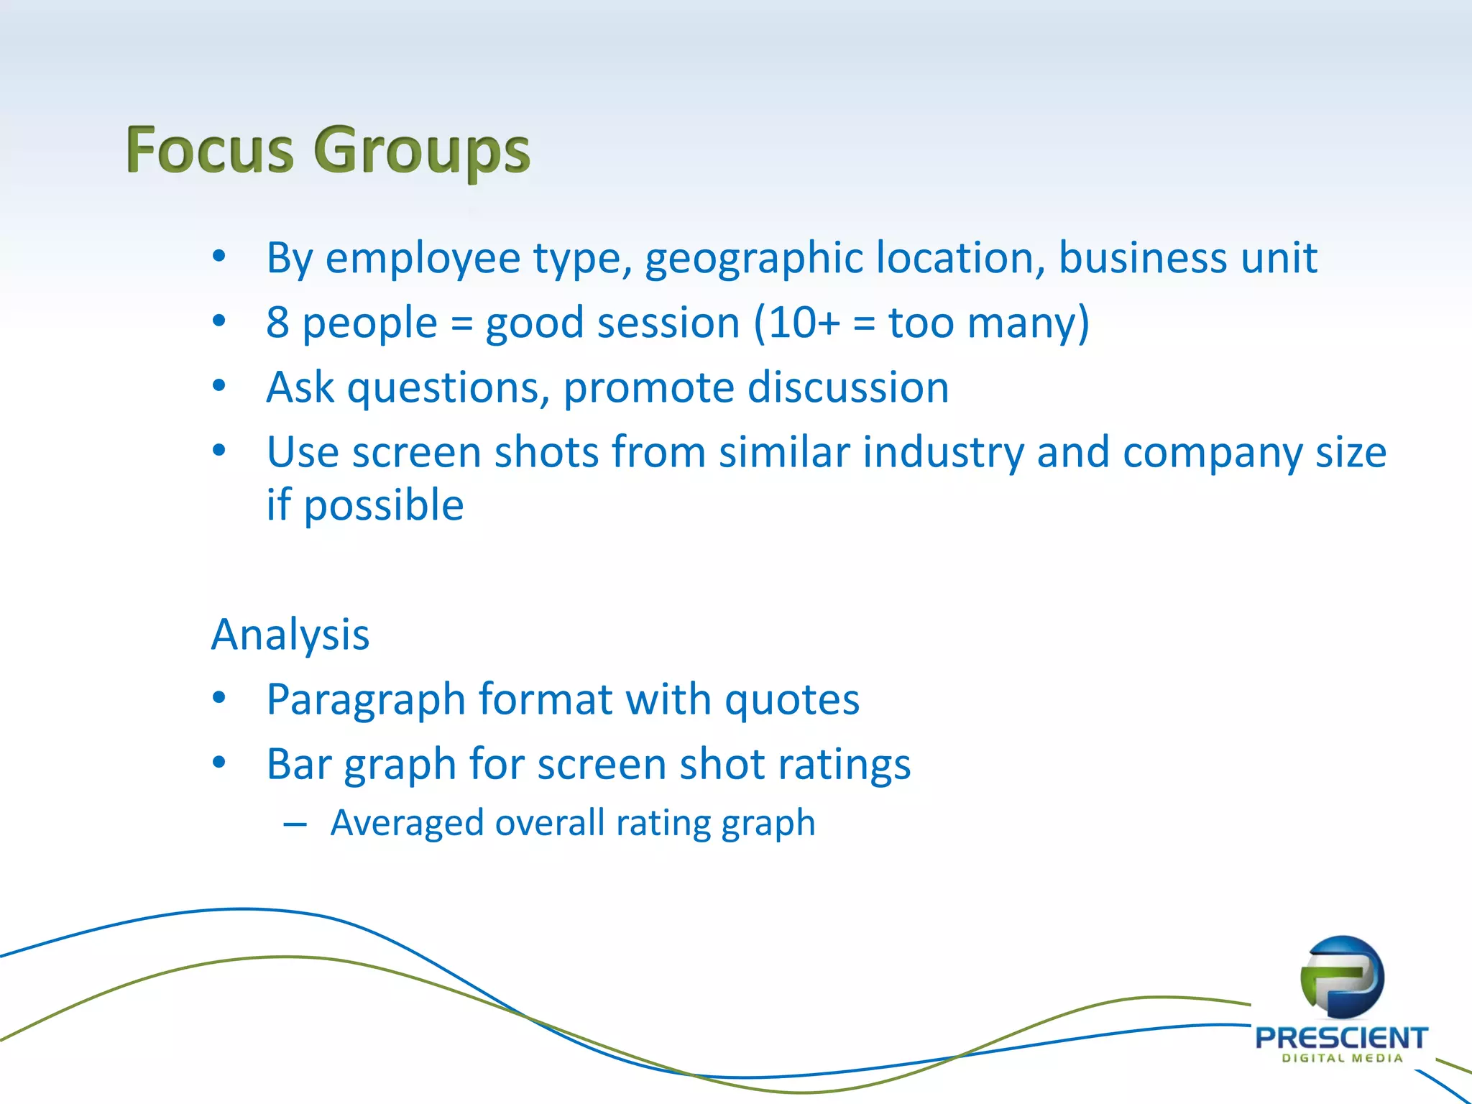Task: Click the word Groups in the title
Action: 422,151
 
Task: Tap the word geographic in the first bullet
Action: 753,259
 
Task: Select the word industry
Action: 943,453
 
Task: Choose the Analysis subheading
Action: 290,635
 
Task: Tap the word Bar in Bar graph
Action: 298,763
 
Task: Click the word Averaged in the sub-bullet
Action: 407,823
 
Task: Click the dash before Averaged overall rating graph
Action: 295,824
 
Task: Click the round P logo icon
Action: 1342,977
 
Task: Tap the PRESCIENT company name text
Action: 1341,1037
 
